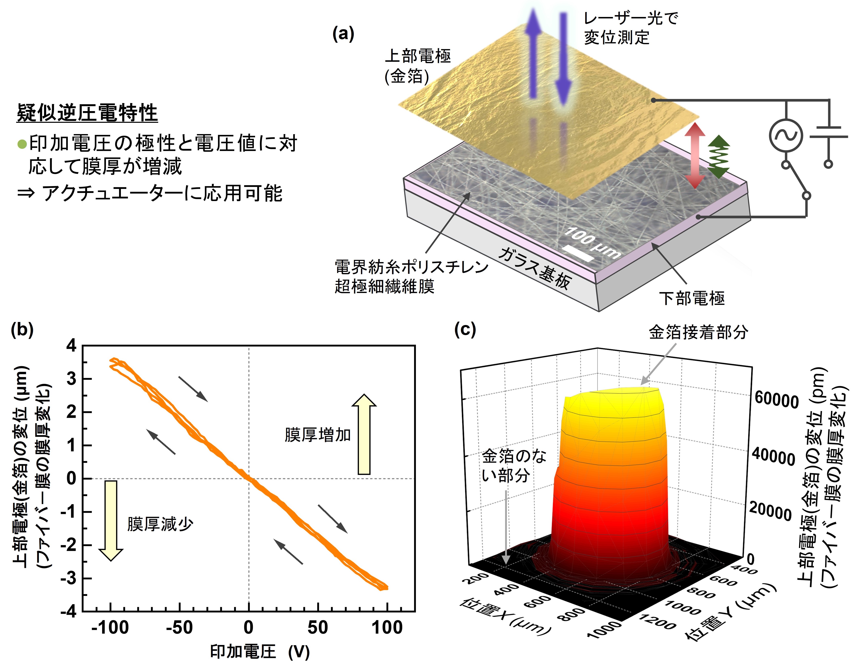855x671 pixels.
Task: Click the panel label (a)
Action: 343,34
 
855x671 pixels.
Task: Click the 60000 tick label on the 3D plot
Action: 776,401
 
